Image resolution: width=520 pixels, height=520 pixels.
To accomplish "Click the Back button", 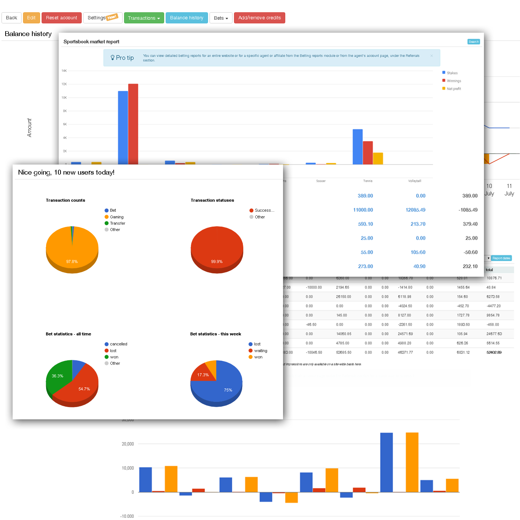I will point(12,18).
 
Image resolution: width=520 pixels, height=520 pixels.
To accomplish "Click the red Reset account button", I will point(61,18).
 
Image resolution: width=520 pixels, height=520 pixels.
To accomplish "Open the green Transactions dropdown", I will point(144,18).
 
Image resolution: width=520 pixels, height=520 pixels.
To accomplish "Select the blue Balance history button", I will point(186,18).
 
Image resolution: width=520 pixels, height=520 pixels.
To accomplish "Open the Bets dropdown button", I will point(221,18).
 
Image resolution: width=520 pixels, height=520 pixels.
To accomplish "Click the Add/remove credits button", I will point(259,18).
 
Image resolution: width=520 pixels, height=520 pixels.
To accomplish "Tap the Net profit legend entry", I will point(454,89).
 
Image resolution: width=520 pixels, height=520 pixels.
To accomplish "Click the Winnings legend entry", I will point(454,81).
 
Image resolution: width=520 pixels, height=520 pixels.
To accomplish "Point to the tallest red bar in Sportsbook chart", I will point(133,123).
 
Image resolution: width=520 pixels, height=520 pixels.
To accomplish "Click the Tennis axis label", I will point(368,181).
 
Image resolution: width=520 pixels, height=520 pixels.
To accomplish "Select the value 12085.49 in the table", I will point(415,210).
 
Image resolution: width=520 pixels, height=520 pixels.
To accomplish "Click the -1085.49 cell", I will point(468,210).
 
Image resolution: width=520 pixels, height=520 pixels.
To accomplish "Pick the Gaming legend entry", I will point(116,217).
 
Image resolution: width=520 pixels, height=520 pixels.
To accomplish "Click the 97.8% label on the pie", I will point(72,261).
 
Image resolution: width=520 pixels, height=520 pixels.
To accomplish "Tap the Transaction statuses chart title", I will point(212,200).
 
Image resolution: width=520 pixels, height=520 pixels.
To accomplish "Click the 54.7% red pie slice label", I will point(84,389).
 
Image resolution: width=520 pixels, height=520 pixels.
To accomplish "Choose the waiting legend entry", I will point(260,351).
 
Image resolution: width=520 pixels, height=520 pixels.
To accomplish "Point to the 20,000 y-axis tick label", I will point(128,444).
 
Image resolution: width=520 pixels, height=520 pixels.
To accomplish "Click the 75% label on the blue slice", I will point(228,390).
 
